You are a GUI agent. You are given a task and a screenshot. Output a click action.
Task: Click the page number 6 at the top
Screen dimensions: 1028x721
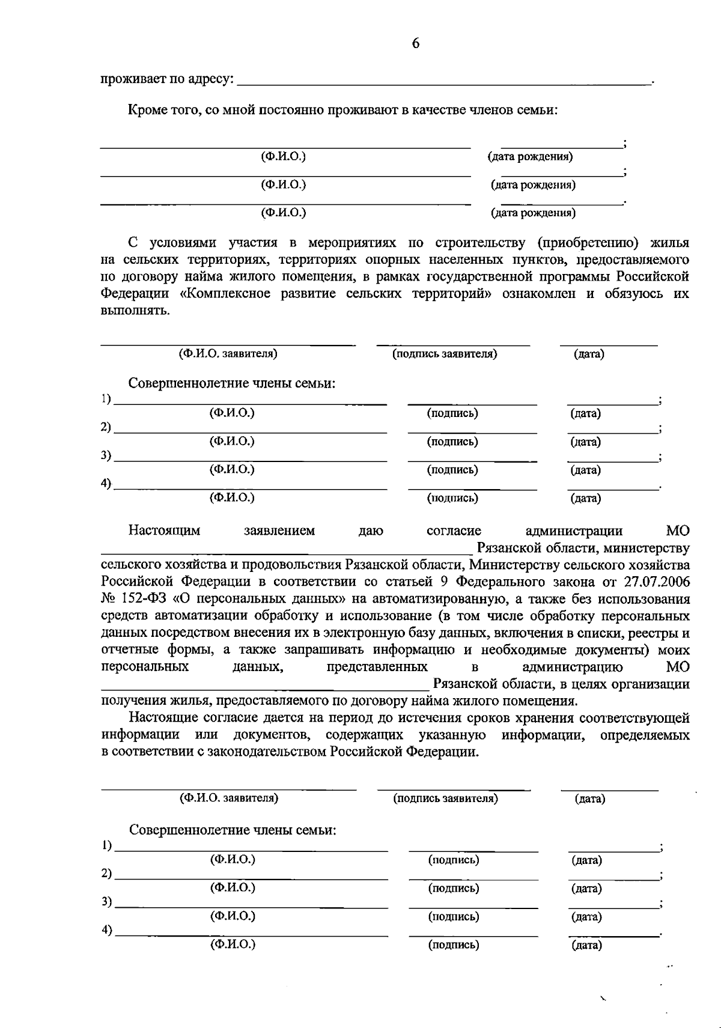pos(416,43)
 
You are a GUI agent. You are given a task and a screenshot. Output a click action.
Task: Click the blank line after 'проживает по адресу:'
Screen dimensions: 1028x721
pos(445,81)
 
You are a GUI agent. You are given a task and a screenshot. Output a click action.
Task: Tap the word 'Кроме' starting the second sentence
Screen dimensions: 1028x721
pos(147,110)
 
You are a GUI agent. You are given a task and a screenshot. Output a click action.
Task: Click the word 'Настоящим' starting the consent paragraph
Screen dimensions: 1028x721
pos(164,531)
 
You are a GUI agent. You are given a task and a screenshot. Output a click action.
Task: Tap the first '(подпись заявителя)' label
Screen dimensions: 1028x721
pos(445,354)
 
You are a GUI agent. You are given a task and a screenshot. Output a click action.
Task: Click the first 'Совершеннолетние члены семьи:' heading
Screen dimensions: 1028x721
pos(232,383)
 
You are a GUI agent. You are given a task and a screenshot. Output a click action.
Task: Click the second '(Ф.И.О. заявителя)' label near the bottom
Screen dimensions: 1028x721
pos(229,798)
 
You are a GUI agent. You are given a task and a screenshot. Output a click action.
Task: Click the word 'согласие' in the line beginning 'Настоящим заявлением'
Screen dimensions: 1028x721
pos(454,531)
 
